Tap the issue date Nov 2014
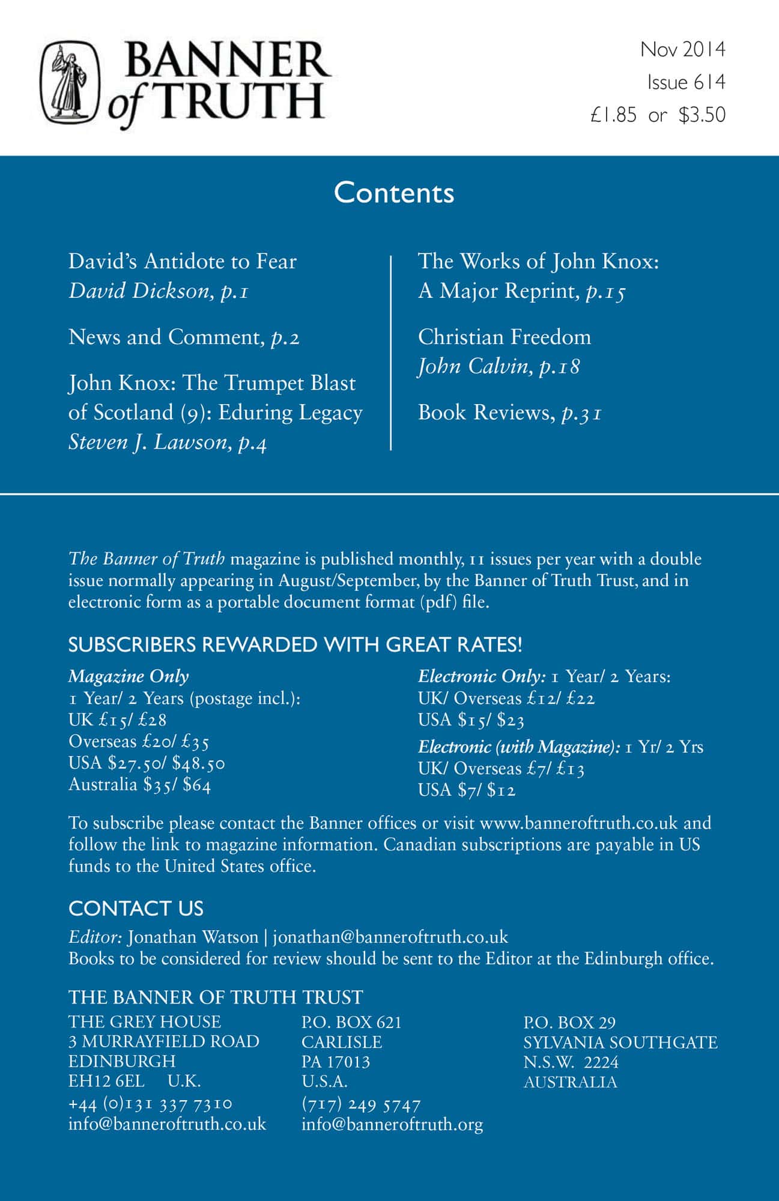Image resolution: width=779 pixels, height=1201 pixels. click(682, 49)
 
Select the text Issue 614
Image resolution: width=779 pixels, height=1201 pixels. click(686, 82)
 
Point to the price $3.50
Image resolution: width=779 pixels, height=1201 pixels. click(702, 115)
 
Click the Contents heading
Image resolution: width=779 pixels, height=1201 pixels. click(394, 193)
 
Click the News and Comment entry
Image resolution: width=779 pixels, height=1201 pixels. click(184, 337)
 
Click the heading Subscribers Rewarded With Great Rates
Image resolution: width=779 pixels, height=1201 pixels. click(295, 645)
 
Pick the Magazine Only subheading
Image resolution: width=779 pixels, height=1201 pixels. click(129, 677)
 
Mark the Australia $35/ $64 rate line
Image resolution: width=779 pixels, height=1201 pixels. click(139, 785)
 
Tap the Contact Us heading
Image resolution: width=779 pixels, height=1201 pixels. click(136, 909)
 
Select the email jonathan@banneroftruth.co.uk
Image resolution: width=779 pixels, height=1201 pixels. click(390, 937)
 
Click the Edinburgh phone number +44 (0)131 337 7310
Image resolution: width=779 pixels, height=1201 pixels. click(150, 1104)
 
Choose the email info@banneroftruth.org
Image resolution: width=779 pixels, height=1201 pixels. click(392, 1124)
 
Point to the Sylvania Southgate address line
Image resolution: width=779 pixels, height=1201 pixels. click(620, 1042)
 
